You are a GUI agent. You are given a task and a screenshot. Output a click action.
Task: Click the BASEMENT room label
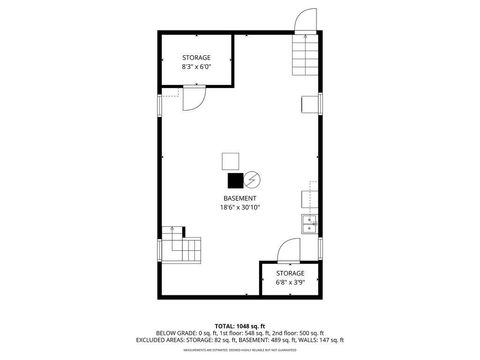tap(239, 199)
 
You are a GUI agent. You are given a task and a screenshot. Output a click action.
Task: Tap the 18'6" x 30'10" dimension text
tap(239, 208)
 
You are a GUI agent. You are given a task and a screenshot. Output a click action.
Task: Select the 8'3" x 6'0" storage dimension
tap(196, 67)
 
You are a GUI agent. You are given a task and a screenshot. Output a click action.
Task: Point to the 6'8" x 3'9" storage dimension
tap(290, 281)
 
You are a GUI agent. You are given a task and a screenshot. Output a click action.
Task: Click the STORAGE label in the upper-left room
tap(196, 58)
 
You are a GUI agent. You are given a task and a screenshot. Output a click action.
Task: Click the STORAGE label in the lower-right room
tap(290, 272)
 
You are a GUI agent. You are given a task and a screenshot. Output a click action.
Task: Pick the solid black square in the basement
tap(235, 181)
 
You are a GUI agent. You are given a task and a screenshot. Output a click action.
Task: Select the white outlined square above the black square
tap(231, 161)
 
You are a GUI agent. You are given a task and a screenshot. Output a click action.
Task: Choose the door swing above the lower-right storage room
tap(289, 251)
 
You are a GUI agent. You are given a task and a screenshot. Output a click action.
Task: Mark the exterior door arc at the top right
tap(303, 20)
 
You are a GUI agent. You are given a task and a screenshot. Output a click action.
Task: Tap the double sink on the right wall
tap(310, 223)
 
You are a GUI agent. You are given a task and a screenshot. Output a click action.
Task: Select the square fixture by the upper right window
tap(310, 105)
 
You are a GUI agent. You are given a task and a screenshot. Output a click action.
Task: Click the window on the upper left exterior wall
tap(159, 106)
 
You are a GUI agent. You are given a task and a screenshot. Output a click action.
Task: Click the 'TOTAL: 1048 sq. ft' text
tap(239, 325)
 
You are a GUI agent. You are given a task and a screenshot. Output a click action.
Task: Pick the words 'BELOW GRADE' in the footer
tap(173, 332)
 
